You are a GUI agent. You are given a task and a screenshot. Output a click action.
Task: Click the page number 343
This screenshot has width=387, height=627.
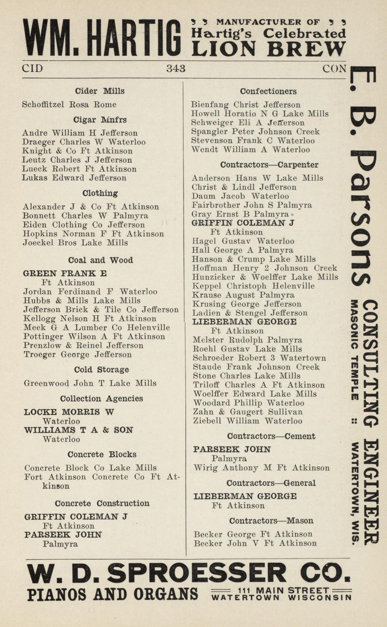point(176,69)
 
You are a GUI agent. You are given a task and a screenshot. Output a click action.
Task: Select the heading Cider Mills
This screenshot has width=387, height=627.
point(100,91)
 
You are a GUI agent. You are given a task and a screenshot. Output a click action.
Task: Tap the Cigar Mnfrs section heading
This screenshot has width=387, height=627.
point(100,120)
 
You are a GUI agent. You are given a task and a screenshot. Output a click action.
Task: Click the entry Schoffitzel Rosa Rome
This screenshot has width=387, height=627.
point(69,104)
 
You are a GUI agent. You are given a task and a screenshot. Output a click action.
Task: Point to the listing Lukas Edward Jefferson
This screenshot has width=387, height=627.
point(74,178)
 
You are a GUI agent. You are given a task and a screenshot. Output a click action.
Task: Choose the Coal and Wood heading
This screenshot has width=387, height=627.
point(101,260)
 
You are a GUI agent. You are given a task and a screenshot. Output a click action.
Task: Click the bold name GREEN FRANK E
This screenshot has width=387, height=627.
point(65,274)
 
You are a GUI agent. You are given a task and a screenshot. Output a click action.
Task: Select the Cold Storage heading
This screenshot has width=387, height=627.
point(101,369)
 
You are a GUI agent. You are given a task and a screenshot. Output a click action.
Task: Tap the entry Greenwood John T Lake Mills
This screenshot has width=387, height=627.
point(90,383)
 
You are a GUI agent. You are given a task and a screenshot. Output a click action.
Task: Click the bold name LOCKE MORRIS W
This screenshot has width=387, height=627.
point(69,412)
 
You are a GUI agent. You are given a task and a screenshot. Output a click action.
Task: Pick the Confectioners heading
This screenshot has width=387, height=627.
point(268,91)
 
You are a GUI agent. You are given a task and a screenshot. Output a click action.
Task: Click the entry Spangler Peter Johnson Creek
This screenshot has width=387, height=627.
point(255,132)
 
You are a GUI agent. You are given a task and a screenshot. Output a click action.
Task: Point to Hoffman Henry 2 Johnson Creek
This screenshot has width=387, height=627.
point(265,268)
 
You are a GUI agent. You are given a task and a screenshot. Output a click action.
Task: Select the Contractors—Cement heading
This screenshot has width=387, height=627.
point(271,436)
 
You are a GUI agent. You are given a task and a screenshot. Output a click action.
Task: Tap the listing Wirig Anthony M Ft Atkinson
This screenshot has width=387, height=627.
point(261,468)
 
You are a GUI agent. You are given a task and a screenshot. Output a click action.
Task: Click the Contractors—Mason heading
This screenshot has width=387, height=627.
point(271,521)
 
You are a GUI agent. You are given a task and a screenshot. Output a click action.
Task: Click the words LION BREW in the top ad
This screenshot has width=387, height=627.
point(268,49)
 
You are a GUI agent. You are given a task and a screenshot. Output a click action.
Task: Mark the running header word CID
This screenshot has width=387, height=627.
point(32,69)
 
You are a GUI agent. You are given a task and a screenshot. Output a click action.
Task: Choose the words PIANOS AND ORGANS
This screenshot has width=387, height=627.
point(112,594)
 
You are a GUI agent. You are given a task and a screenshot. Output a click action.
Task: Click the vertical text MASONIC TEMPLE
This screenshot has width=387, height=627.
point(355,349)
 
